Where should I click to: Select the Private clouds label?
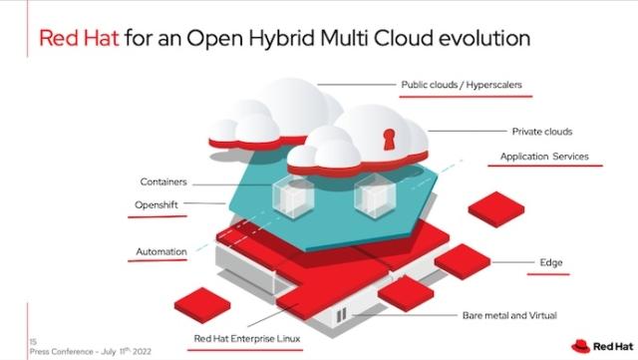[541, 131]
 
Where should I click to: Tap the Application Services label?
[543, 157]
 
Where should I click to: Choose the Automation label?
[160, 251]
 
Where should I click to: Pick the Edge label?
[551, 262]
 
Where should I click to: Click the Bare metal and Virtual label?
[508, 315]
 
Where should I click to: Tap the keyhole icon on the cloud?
[386, 135]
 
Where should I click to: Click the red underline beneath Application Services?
[550, 167]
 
